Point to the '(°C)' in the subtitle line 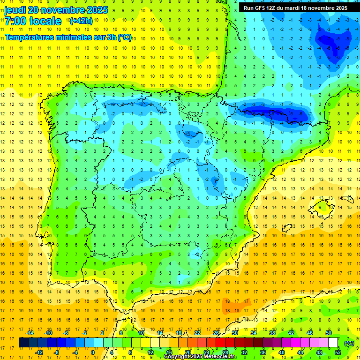click(x=125, y=37)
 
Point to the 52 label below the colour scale click(x=338, y=352)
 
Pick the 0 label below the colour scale click(x=93, y=352)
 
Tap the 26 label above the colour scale click(x=216, y=333)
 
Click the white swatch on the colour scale click(x=333, y=343)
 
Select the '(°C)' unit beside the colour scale click(x=349, y=343)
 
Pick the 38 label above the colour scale click(x=272, y=333)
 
